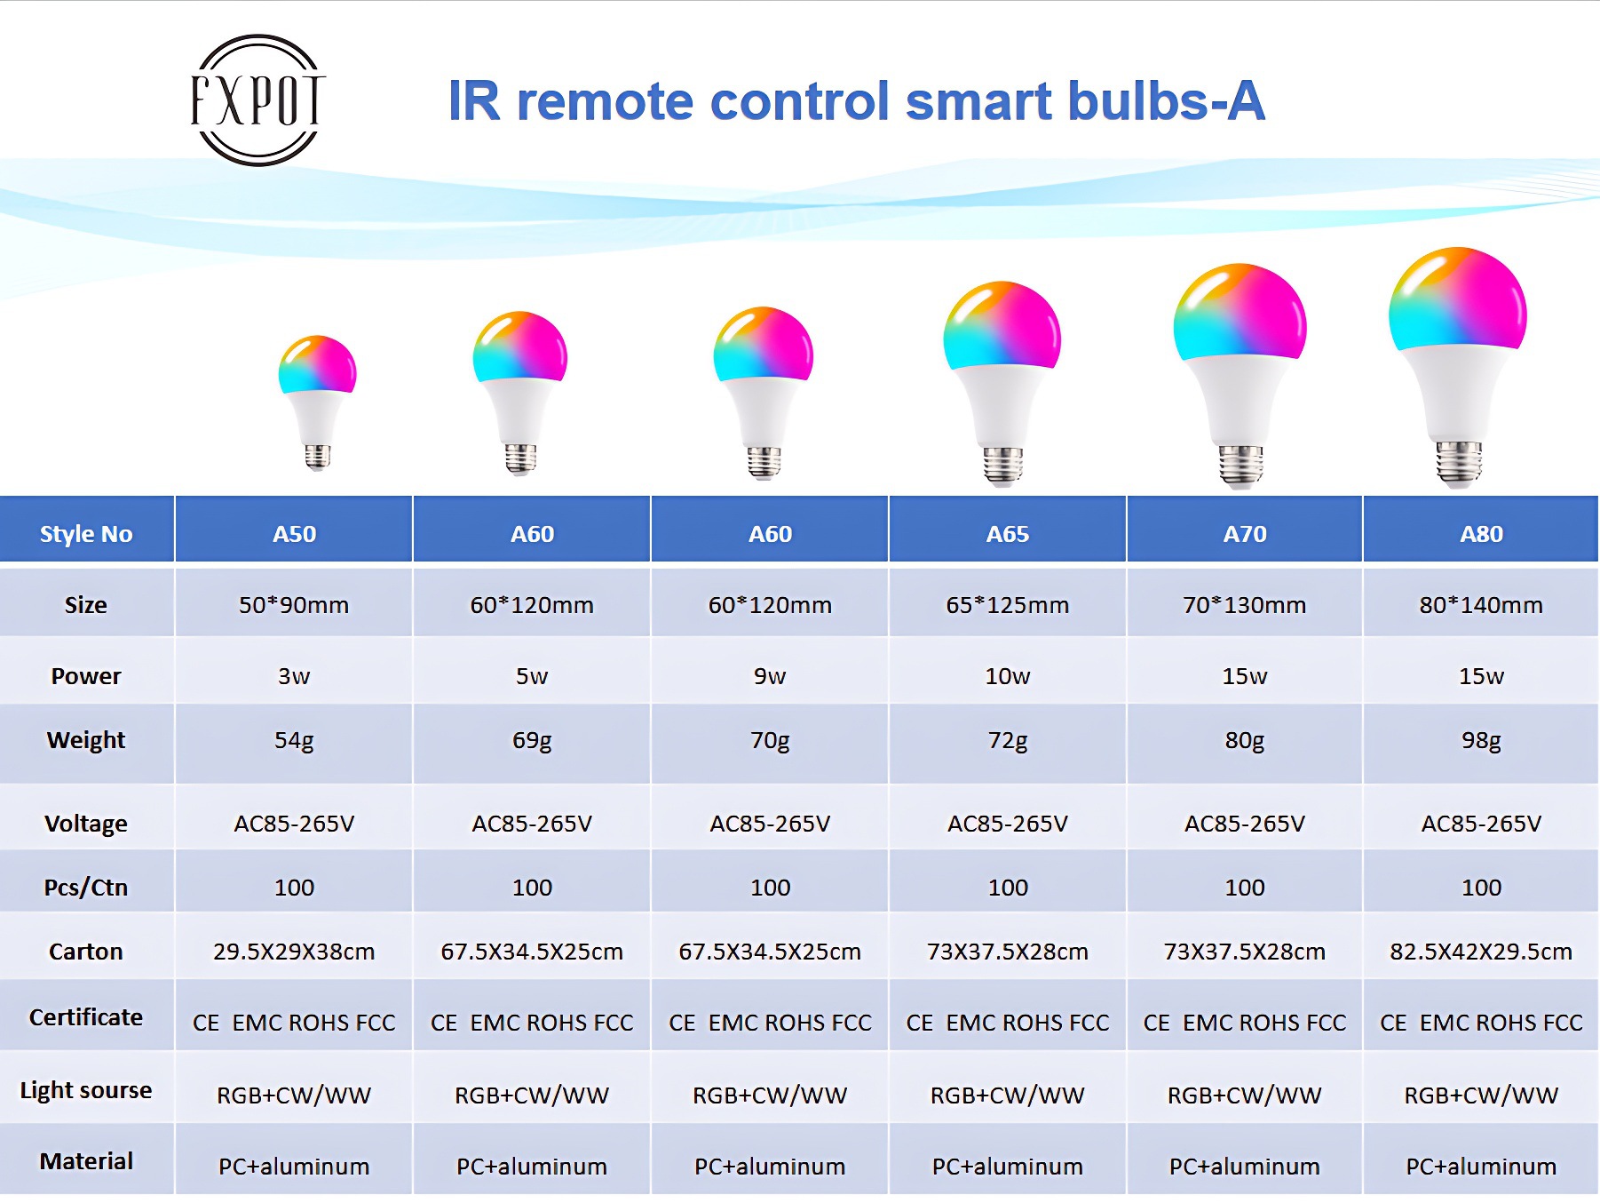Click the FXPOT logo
pos(257,100)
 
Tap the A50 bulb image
pos(317,402)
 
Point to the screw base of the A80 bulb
pos(1459,463)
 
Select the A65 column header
pos(1008,533)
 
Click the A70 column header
pos(1245,533)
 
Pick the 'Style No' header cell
pos(86,533)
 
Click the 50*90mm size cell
pos(294,605)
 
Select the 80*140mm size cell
pos(1481,605)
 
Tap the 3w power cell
pos(294,676)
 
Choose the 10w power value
pos(1008,676)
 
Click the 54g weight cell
pos(294,740)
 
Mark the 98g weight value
pos(1481,741)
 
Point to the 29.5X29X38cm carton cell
pos(294,952)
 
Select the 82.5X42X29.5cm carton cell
pos(1481,952)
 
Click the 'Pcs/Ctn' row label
pos(86,888)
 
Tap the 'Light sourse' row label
pos(86,1090)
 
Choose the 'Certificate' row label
pos(86,1017)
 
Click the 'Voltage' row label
pos(86,824)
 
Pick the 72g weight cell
pos(1008,740)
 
